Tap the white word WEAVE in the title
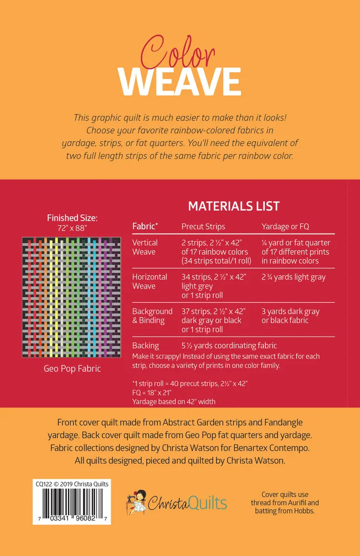[x=180, y=82]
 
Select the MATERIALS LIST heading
[x=234, y=206]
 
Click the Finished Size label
[x=72, y=218]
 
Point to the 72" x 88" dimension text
[x=72, y=227]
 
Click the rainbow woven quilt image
[x=72, y=297]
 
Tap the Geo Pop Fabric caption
[x=72, y=369]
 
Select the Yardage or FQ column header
[x=285, y=226]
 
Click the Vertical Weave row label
[x=145, y=247]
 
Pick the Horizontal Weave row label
[x=149, y=281]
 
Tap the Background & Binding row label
[x=152, y=316]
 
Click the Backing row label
[x=145, y=345]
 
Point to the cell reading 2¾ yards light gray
[x=293, y=277]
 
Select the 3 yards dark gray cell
[x=290, y=316]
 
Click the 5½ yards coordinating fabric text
[x=229, y=345]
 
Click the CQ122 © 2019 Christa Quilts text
[x=71, y=484]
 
